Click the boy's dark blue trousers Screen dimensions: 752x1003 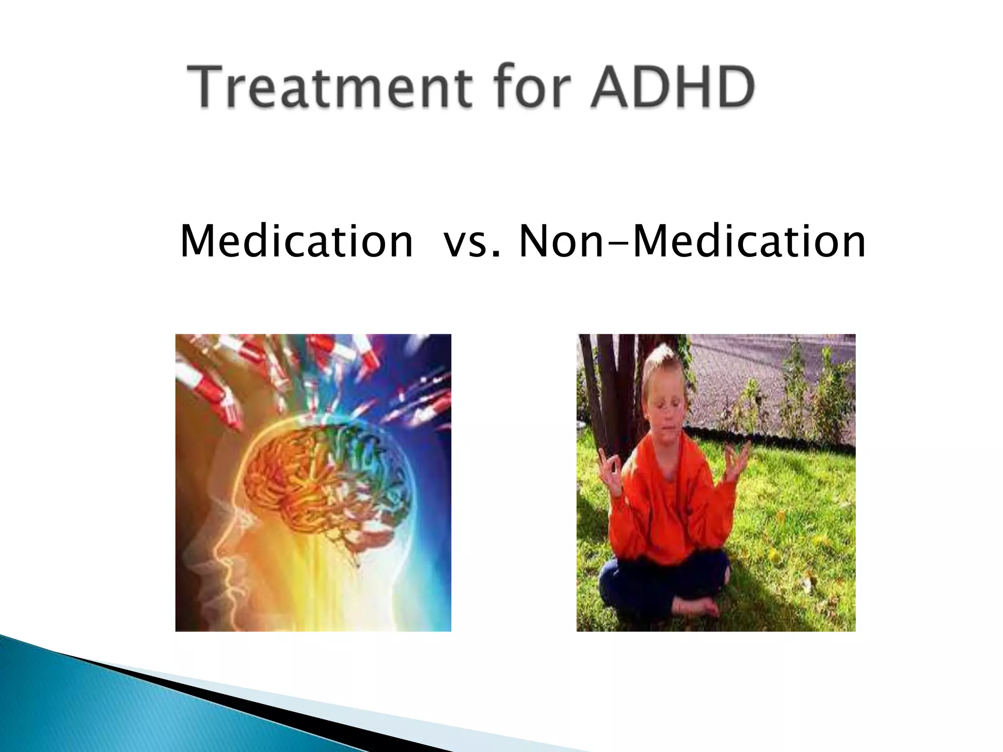pos(637,583)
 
